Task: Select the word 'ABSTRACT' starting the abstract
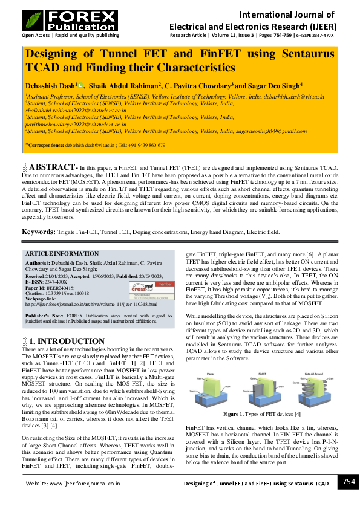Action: tap(53, 167)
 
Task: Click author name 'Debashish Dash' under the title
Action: tap(50, 86)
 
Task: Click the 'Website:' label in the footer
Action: tap(38, 484)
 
